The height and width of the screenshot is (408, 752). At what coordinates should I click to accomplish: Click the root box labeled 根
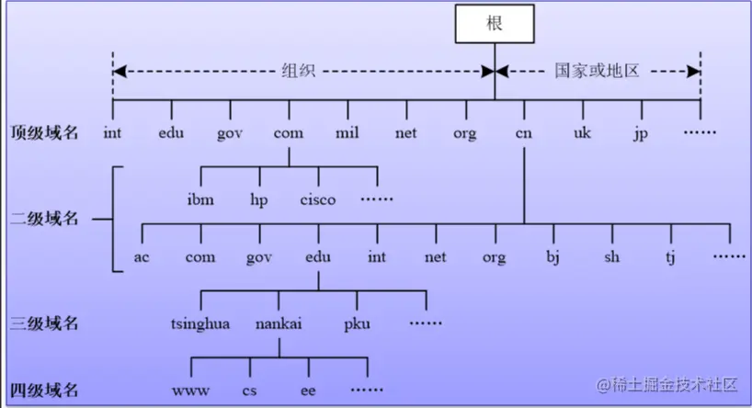point(495,24)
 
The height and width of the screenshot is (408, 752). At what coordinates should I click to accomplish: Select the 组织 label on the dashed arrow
point(298,71)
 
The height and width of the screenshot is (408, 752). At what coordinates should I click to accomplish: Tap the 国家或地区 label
point(597,71)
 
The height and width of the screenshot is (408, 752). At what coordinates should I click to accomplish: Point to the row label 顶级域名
point(44,132)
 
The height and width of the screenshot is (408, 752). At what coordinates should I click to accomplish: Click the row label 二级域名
point(44,219)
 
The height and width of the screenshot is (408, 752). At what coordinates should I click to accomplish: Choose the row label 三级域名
point(44,323)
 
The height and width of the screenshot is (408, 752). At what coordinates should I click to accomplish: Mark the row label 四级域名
point(44,391)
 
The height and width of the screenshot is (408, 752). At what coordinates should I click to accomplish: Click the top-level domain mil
point(348,132)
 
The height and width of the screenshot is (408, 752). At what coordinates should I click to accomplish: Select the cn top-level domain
point(524,133)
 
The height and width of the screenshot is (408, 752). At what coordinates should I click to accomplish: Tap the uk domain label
point(583,132)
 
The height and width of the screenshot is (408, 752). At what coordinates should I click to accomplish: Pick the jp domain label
point(641,134)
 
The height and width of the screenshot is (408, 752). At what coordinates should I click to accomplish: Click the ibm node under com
point(200,199)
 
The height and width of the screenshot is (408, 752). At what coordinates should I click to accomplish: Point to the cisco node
point(318,199)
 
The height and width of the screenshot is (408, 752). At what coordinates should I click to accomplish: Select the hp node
point(259,200)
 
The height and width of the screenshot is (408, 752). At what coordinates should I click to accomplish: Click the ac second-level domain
point(142,257)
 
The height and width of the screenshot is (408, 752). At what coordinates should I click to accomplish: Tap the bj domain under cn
point(553,257)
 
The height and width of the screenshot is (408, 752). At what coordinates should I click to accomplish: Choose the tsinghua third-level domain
point(200,324)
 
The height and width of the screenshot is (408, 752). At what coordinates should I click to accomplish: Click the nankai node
point(279,323)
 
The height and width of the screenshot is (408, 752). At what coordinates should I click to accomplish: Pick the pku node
point(357,324)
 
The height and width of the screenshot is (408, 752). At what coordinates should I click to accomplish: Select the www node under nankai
point(191,391)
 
